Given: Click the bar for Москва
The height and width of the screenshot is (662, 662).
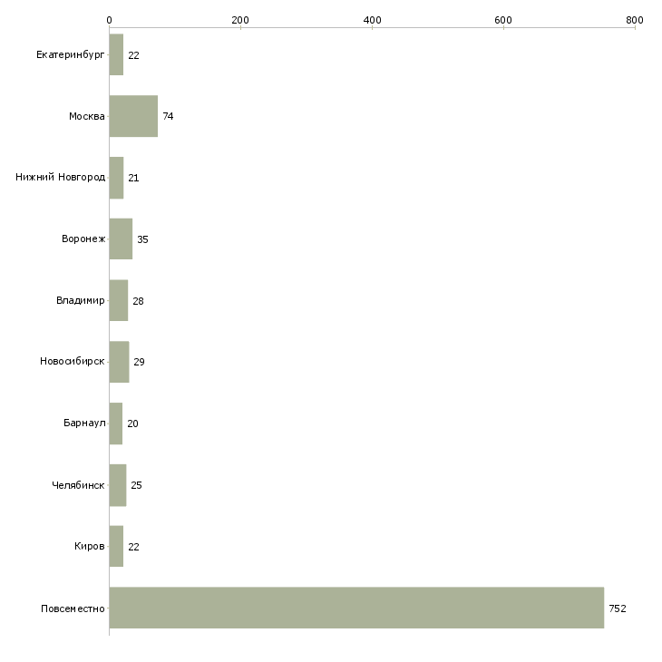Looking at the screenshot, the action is click(x=133, y=116).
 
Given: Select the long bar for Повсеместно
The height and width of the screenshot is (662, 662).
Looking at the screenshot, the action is click(x=356, y=608).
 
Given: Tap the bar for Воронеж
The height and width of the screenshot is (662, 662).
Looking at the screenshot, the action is click(x=121, y=239).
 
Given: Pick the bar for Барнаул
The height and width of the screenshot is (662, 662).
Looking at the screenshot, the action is click(x=116, y=423).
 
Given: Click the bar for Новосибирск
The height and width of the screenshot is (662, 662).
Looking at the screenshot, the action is click(x=119, y=362).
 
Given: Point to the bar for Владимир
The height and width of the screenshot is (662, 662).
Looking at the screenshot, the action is click(x=119, y=300).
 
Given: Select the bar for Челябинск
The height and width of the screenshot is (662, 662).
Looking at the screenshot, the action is click(x=118, y=485).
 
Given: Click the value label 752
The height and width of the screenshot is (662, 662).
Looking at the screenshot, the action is click(x=618, y=608).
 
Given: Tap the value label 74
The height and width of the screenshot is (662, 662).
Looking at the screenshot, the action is click(x=168, y=116).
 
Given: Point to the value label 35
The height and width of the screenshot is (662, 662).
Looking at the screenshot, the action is click(x=142, y=239).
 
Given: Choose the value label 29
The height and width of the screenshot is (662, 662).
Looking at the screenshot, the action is click(x=139, y=362).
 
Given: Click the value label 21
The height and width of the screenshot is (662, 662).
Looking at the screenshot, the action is click(x=133, y=178).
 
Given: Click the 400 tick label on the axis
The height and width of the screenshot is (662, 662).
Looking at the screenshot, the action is click(x=372, y=20).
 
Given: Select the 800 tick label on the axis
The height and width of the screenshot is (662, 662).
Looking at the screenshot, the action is click(x=635, y=20).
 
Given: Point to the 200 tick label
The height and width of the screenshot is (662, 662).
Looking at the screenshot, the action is click(x=240, y=20).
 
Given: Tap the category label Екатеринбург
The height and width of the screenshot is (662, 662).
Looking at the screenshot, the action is click(x=70, y=55).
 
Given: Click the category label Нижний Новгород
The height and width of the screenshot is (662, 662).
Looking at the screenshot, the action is click(x=61, y=177).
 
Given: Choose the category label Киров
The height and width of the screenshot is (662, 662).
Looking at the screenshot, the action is click(x=89, y=546).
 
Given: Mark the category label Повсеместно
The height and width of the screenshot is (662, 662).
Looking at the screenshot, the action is click(x=73, y=608).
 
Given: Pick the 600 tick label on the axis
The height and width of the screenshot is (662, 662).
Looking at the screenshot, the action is click(x=502, y=20).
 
